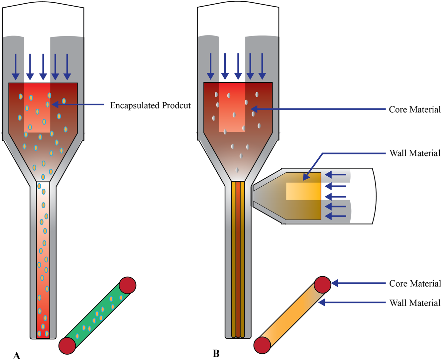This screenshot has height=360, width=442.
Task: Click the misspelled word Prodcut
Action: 176,106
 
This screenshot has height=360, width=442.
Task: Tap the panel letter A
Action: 17,356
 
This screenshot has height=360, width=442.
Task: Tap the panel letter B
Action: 216,353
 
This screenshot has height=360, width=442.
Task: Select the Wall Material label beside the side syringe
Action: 415,153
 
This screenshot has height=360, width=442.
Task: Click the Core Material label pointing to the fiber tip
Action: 415,284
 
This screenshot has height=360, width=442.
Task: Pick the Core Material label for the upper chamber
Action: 415,110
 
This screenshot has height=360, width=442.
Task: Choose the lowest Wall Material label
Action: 415,303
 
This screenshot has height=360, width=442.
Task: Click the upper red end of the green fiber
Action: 128,285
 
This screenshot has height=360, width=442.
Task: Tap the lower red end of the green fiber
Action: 67,345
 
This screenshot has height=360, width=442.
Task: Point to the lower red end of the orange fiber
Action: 262,345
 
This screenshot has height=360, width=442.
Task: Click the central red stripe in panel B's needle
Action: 238,259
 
